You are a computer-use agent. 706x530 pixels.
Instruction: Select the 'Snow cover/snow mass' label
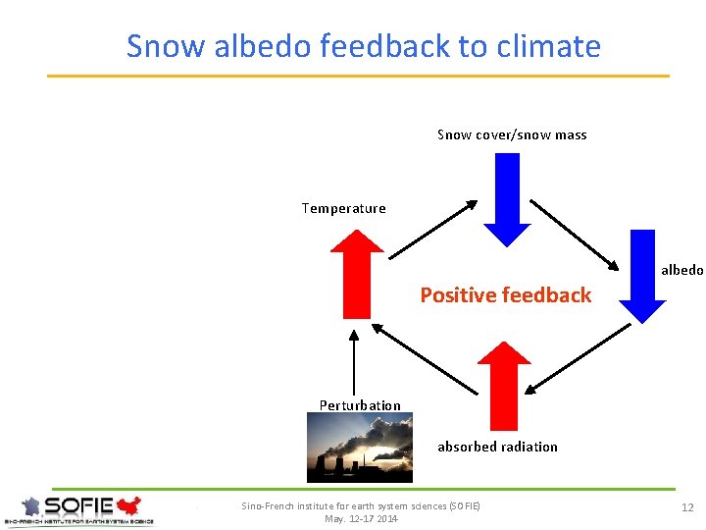pos(512,134)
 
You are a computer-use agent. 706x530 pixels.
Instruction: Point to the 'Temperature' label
pos(343,208)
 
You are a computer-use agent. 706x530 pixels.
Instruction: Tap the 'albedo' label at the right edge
pos(681,270)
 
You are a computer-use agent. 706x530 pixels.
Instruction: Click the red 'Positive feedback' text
pos(506,294)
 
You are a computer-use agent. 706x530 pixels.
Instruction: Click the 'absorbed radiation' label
pos(497,447)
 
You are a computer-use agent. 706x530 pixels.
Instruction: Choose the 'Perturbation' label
pos(360,405)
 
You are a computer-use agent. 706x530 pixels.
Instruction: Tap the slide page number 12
pos(687,507)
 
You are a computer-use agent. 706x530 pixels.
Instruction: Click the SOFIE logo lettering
pos(79,505)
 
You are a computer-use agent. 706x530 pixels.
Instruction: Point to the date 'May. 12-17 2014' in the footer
pos(361,518)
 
